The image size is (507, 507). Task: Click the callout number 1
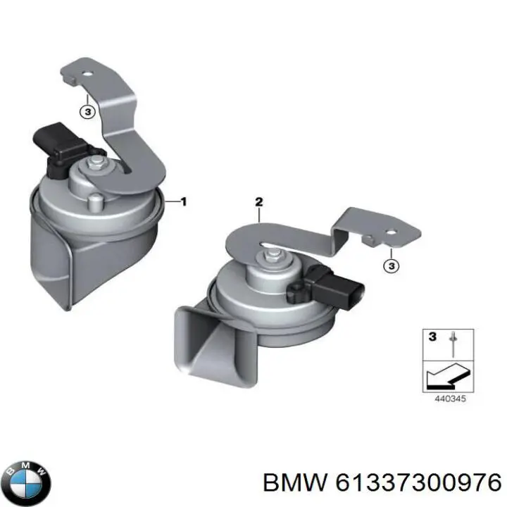point(184,202)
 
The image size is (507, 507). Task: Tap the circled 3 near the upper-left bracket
point(86,111)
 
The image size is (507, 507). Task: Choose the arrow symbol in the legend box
point(444,375)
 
